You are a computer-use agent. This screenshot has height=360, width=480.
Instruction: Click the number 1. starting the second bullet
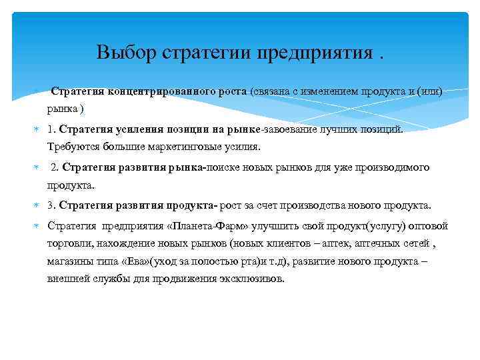pos(52,128)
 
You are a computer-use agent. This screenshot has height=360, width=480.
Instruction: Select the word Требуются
pos(70,146)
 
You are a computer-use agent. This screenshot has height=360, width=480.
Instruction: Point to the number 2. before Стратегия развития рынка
pos(55,167)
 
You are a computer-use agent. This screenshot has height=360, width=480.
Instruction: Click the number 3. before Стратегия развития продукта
pos(52,205)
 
